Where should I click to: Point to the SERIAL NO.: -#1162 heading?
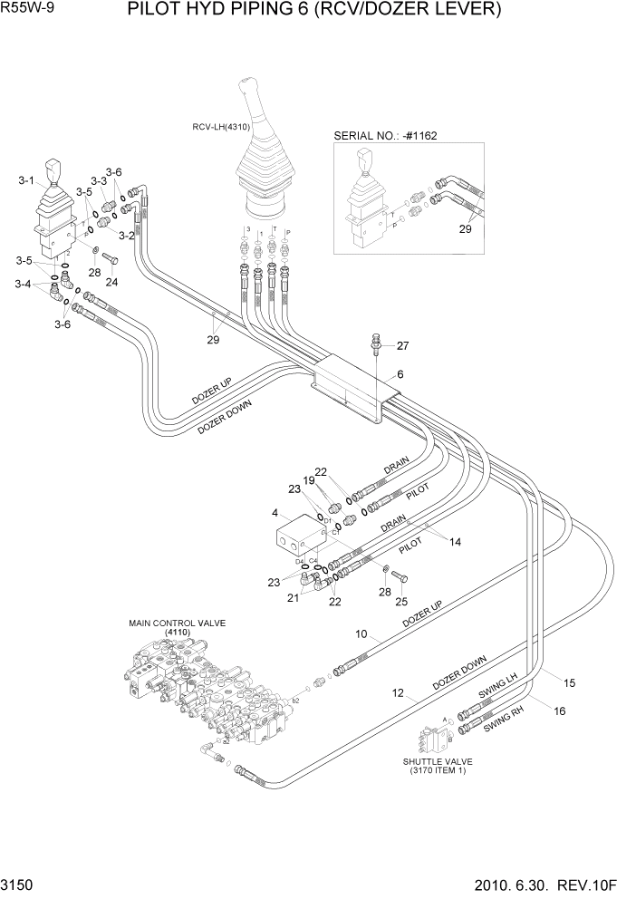(x=385, y=135)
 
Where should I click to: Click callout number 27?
(x=402, y=344)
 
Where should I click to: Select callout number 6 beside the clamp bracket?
(x=399, y=374)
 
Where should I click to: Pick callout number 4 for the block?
(x=274, y=514)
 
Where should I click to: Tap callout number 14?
(x=456, y=542)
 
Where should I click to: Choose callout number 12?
(x=397, y=693)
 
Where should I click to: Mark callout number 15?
(x=570, y=682)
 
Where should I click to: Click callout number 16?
(x=559, y=711)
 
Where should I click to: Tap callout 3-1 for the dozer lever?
(x=25, y=181)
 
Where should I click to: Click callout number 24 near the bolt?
(x=111, y=282)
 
